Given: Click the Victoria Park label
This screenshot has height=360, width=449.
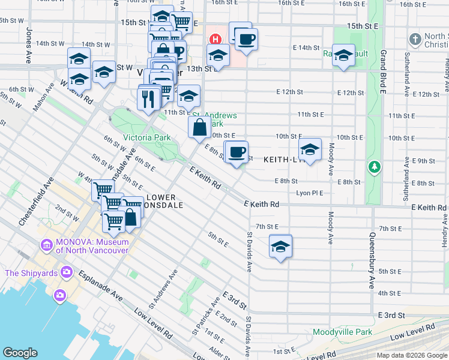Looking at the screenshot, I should pos(147,137).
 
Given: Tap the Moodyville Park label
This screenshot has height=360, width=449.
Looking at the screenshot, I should pos(342,332).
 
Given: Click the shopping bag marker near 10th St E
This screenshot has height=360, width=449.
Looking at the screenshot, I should pos(200,128).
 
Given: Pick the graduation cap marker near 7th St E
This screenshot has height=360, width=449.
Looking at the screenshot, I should pos(280,246).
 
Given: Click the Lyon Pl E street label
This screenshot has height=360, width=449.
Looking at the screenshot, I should pos(310,193).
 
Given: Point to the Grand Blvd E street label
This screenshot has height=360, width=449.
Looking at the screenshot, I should pos(383,72).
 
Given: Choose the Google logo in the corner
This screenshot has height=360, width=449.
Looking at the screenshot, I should pos(20,353).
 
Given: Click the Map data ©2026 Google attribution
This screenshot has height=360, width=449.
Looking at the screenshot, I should pos(411,355).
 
